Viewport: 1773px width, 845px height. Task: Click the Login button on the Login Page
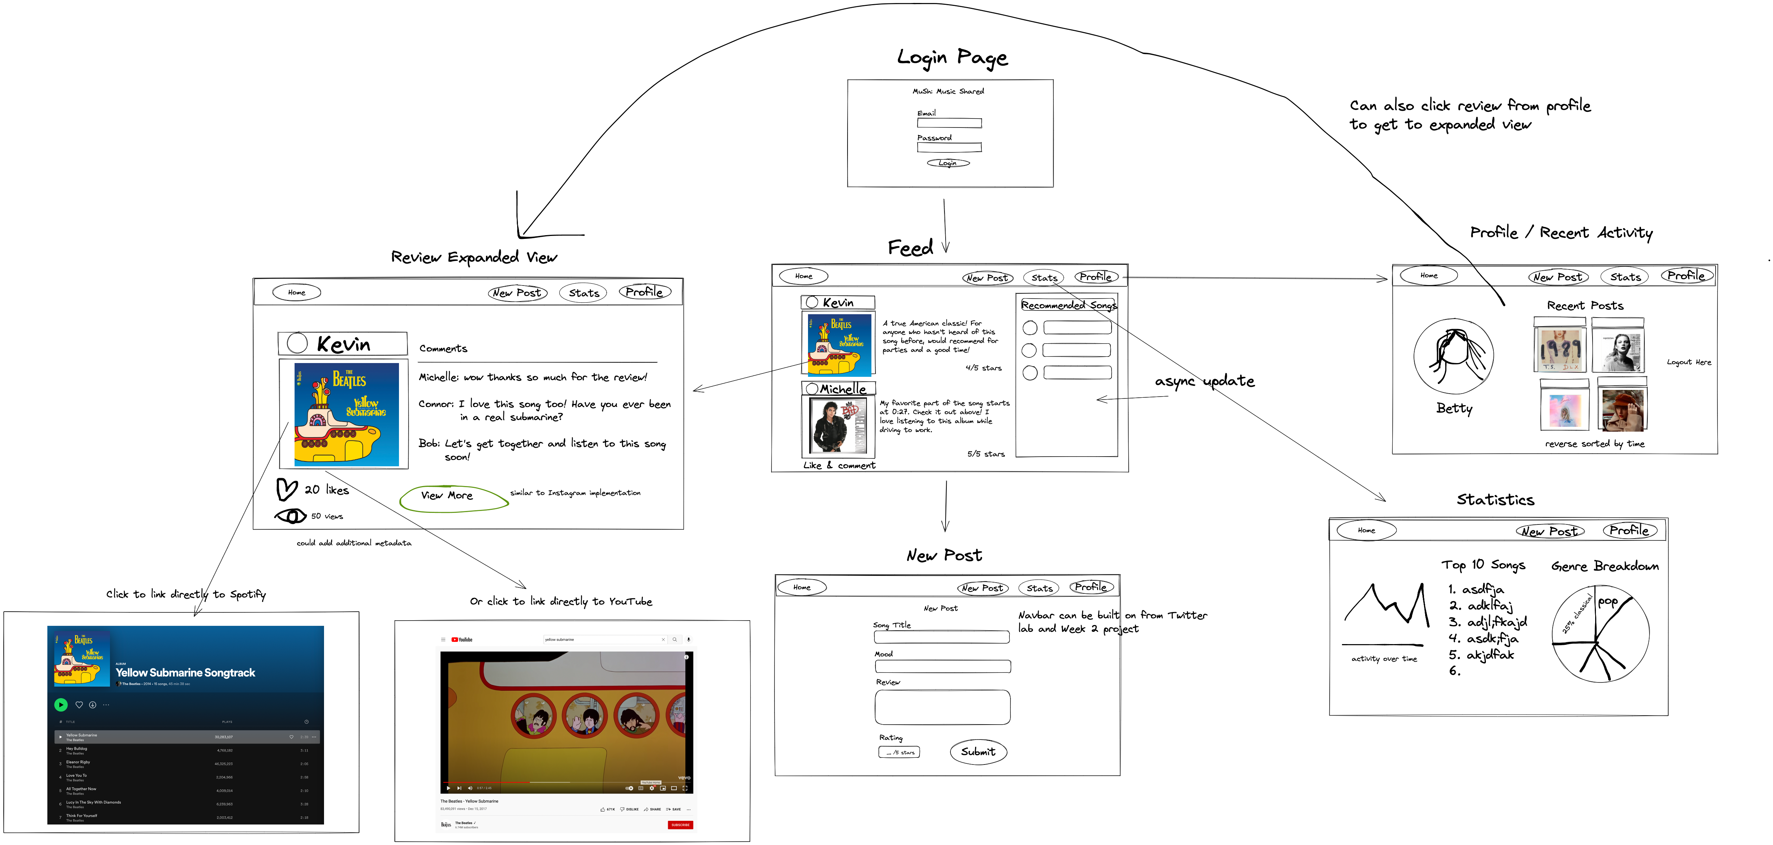(x=948, y=163)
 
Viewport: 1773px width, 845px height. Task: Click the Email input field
(x=949, y=123)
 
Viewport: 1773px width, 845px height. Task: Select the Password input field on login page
(x=949, y=147)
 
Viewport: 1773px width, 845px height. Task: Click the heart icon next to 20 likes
(x=286, y=489)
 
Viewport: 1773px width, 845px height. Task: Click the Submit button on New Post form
(x=978, y=751)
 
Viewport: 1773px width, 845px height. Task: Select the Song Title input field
(x=941, y=637)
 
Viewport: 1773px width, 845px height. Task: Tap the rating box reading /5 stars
(x=899, y=752)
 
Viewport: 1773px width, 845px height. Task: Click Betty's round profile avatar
(x=1454, y=356)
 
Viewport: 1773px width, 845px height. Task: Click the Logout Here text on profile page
(x=1688, y=362)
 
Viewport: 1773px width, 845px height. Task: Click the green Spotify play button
(x=60, y=704)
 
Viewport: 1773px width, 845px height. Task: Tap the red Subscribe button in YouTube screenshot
(x=680, y=824)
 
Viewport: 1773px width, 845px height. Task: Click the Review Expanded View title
(x=474, y=257)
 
